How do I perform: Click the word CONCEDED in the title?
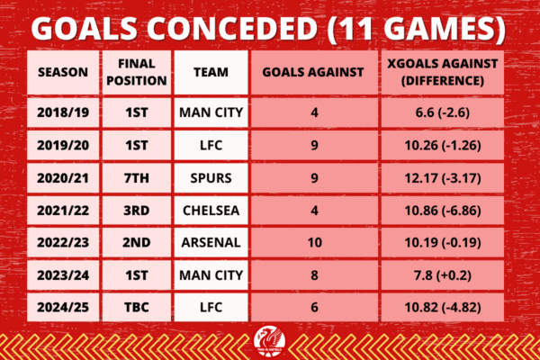pos(233,29)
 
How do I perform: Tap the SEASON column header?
pos(63,72)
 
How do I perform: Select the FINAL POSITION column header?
pos(137,72)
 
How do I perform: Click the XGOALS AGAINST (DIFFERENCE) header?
pos(443,72)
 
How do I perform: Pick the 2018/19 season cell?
pos(63,112)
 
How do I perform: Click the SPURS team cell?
pos(211,178)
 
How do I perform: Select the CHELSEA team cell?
pos(211,211)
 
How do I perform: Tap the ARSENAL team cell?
pos(211,242)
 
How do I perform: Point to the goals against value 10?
pos(314,242)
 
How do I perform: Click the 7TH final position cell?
pos(137,178)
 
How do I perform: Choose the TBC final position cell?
pos(137,307)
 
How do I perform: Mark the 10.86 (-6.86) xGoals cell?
pos(443,211)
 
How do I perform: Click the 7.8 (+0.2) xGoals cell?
pos(443,275)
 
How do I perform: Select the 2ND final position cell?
pos(137,242)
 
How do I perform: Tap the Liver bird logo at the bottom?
pos(270,341)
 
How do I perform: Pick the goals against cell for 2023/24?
pos(314,275)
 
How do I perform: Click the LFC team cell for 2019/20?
pos(211,146)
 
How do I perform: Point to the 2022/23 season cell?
pos(63,242)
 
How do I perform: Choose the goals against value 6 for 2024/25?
pos(314,307)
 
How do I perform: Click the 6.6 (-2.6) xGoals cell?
pos(443,112)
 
